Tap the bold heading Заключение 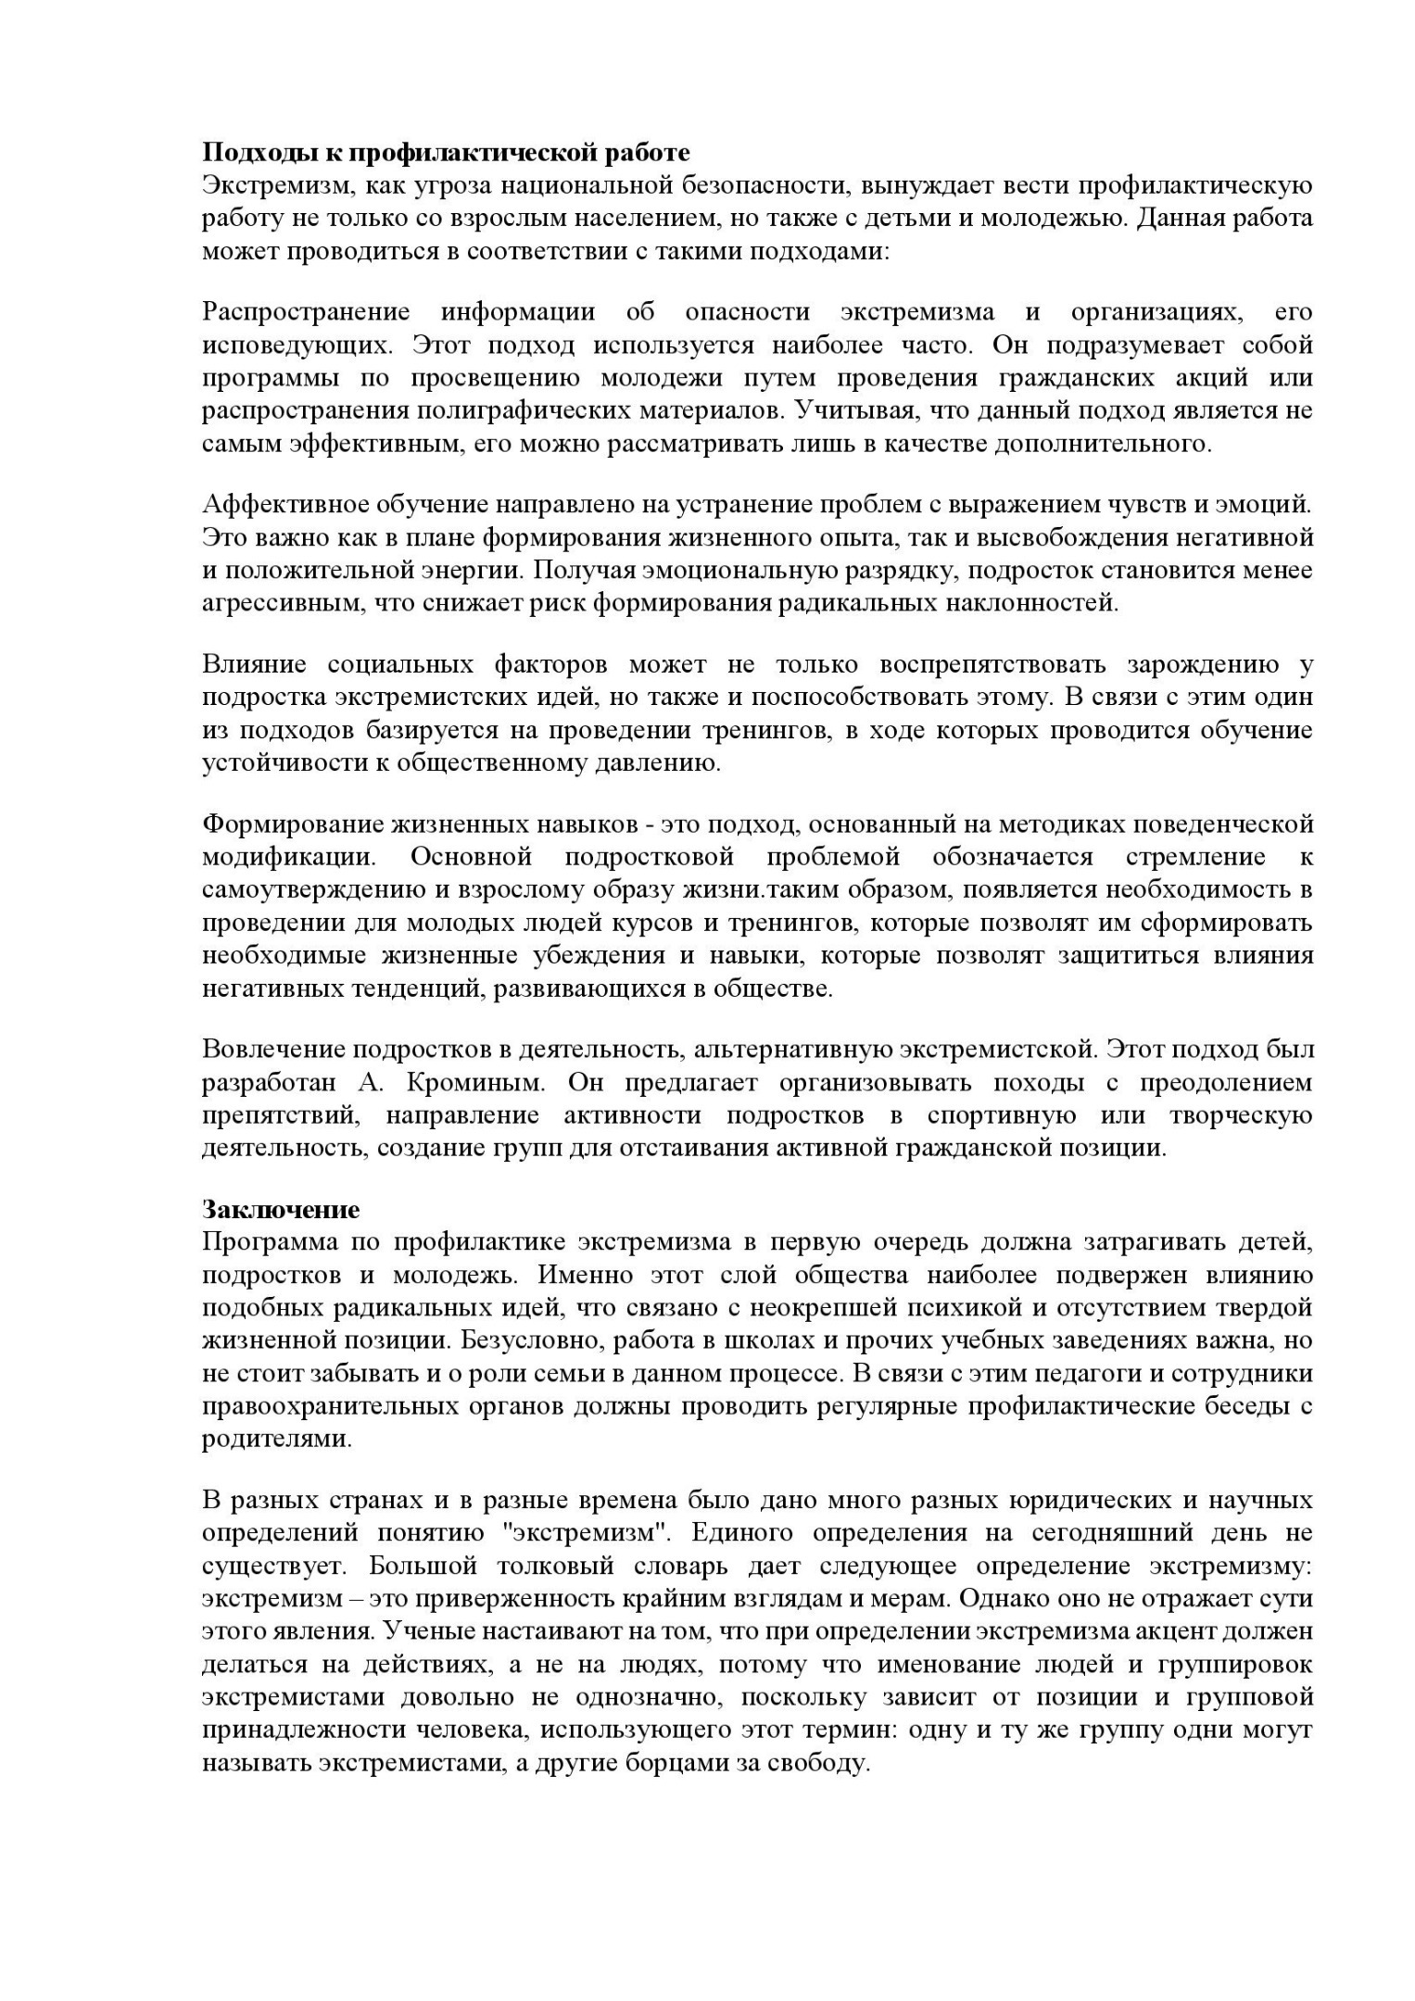point(281,1210)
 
